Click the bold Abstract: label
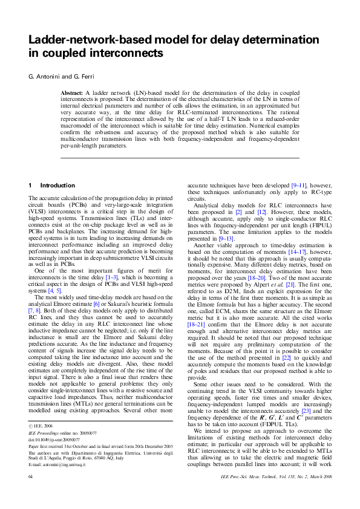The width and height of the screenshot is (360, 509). pyautogui.click(x=75, y=93)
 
